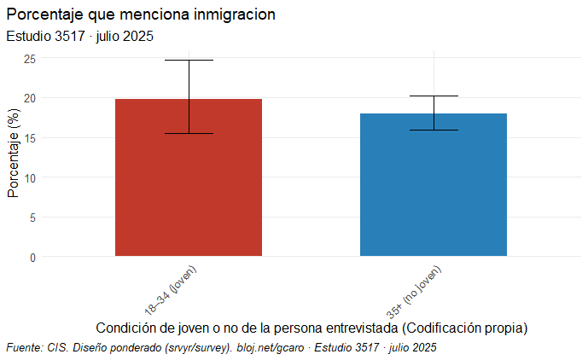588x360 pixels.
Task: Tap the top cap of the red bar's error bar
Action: [x=189, y=61]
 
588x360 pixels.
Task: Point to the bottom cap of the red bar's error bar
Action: [x=189, y=134]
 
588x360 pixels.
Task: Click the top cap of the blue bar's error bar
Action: [x=434, y=96]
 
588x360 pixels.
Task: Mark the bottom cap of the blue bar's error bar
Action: [x=434, y=131]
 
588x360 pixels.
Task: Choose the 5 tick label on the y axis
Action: [x=32, y=218]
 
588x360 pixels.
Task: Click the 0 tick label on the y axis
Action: [x=32, y=257]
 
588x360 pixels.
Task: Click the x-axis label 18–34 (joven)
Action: [x=171, y=290]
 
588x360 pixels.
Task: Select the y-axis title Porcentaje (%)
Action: [x=13, y=154]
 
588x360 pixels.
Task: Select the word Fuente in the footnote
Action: [x=24, y=347]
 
